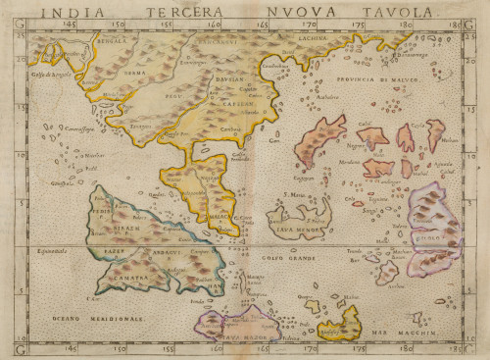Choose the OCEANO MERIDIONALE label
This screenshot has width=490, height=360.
(x=87, y=318)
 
